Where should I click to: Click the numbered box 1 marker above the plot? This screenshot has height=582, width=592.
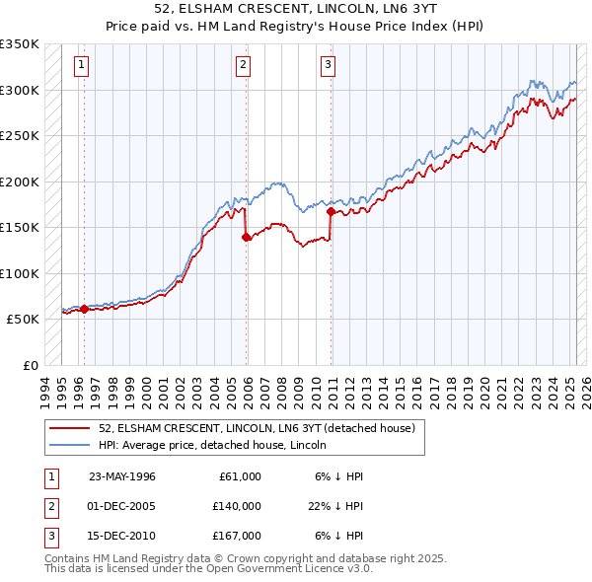pyautogui.click(x=80, y=66)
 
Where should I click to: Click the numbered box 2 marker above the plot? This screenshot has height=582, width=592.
pyautogui.click(x=243, y=66)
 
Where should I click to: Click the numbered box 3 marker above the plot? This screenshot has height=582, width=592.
pyautogui.click(x=328, y=66)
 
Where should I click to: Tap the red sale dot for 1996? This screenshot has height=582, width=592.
pyautogui.click(x=84, y=309)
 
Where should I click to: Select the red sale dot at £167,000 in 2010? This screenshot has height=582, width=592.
pyautogui.click(x=330, y=211)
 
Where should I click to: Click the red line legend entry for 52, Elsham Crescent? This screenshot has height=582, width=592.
pyautogui.click(x=257, y=428)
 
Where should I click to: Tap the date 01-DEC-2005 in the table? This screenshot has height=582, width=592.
pyautogui.click(x=121, y=506)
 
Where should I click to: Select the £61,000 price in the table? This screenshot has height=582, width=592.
pyautogui.click(x=236, y=476)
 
